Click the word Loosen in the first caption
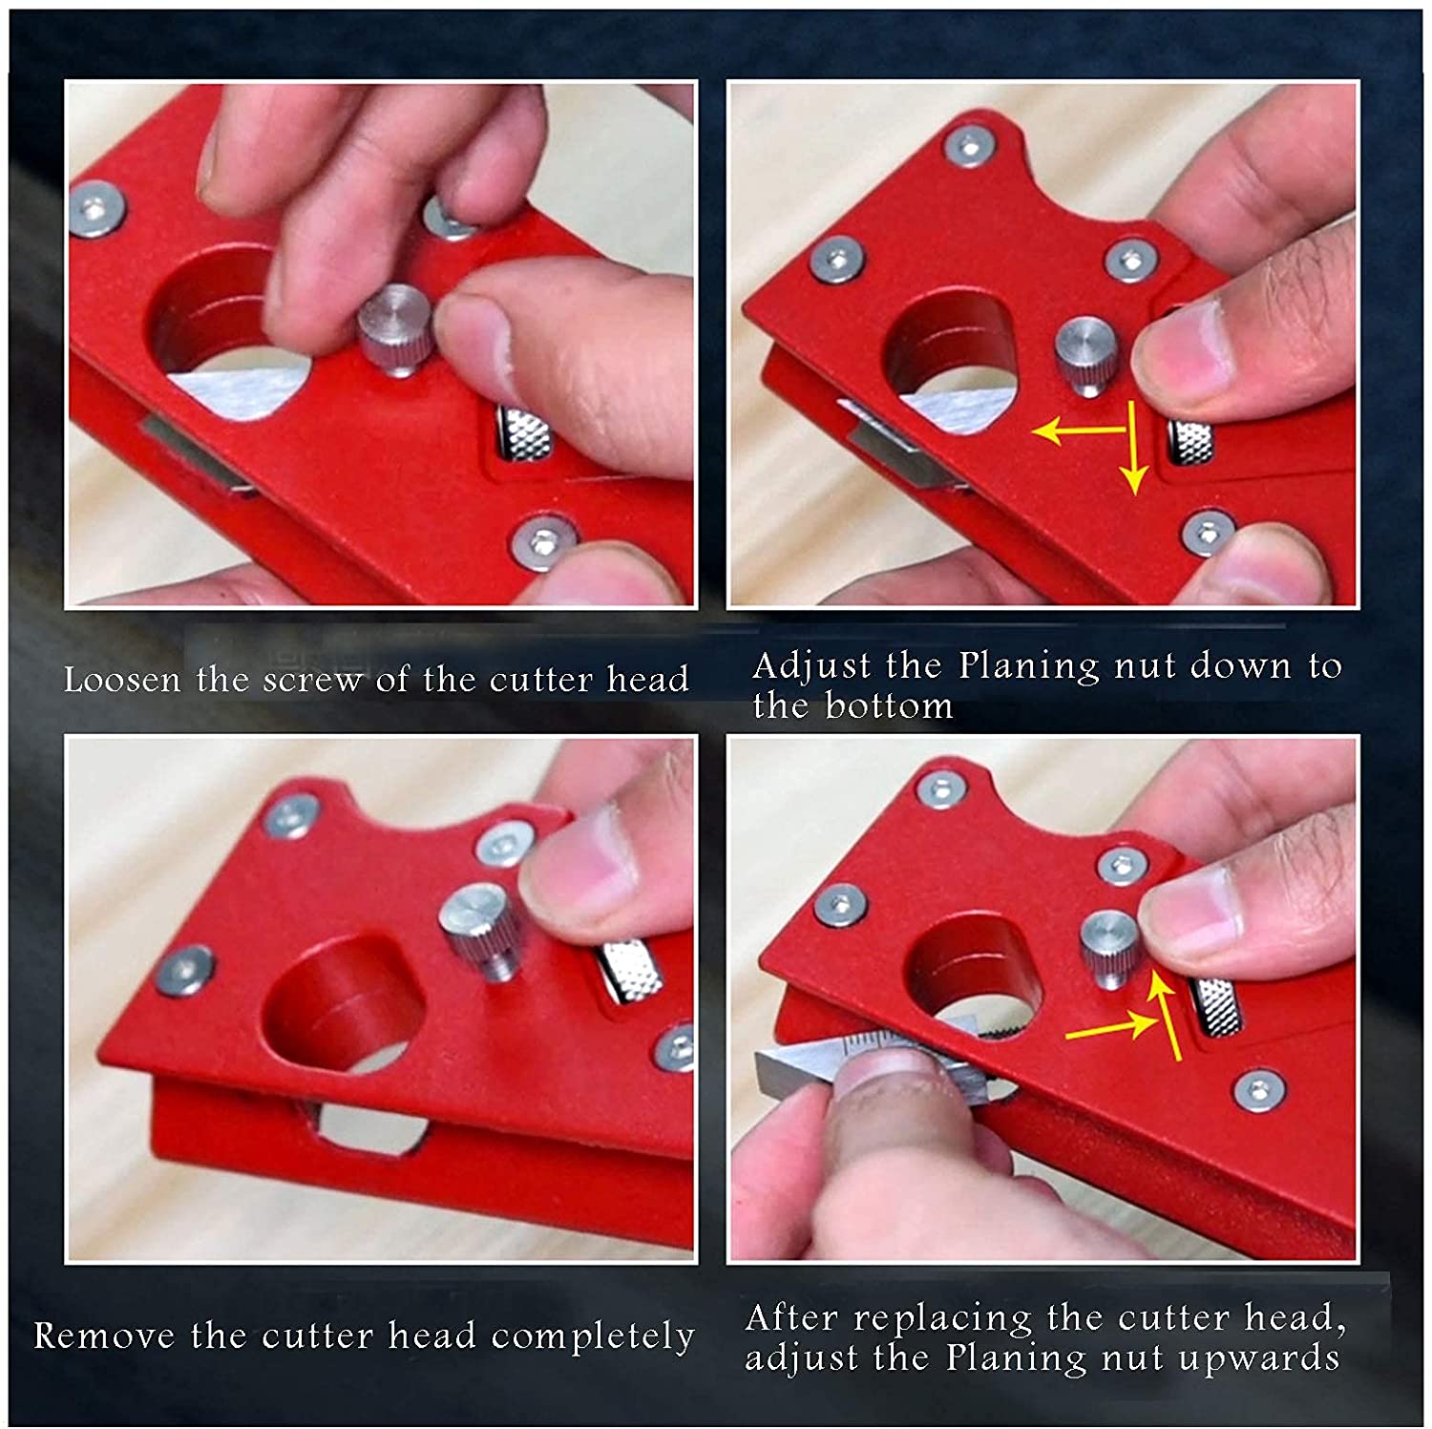click(x=121, y=680)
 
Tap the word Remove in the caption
click(x=104, y=1334)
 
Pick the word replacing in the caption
click(x=942, y=1318)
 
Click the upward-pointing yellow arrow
click(x=1167, y=1012)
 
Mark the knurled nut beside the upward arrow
click(x=1217, y=1007)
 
